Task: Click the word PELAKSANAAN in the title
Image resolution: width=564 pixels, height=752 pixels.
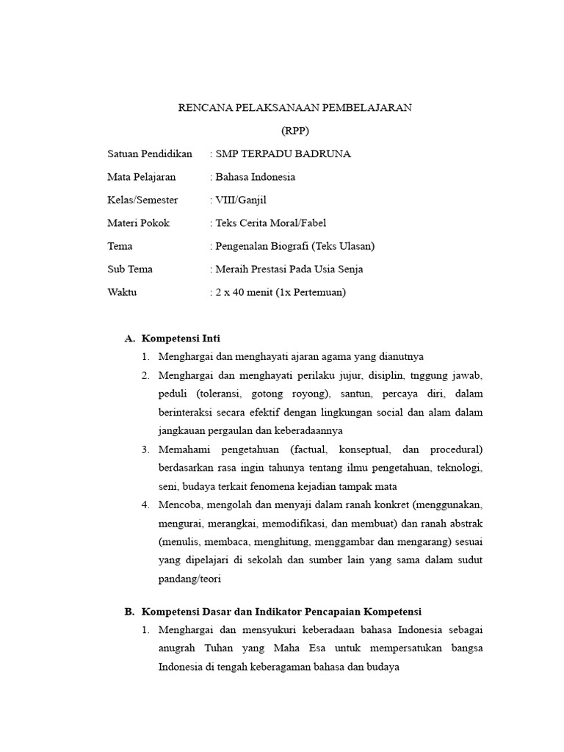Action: (272, 108)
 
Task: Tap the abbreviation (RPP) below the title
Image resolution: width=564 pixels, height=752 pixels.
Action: (295, 131)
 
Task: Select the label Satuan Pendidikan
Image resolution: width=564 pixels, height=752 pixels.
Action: (150, 154)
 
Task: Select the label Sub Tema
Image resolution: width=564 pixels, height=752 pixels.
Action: (130, 269)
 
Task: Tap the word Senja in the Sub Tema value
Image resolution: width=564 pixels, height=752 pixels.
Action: (349, 269)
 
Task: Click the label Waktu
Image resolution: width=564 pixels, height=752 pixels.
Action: (122, 292)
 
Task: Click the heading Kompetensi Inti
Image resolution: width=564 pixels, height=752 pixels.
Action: (181, 339)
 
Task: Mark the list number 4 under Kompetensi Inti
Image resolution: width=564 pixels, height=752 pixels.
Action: (145, 505)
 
